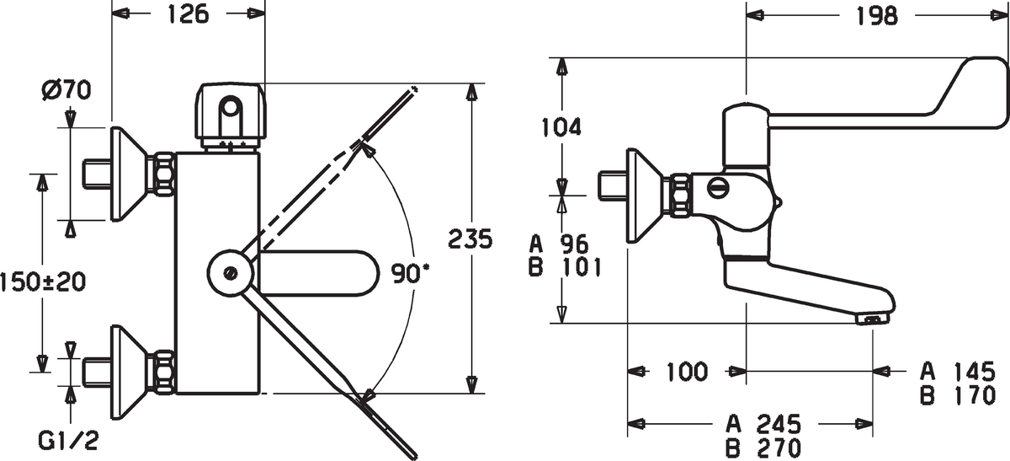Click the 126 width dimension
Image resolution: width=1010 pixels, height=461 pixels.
coord(189,14)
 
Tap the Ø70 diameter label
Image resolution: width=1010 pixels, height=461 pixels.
coord(66,90)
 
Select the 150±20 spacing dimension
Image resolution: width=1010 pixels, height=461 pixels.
coord(43,282)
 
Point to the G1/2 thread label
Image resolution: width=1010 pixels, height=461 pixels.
coord(68,440)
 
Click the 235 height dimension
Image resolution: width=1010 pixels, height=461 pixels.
coord(470,239)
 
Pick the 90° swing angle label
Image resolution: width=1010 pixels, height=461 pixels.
coord(410,274)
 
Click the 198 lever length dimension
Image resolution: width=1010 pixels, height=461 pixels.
coord(877,16)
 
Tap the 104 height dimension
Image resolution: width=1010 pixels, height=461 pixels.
coord(561,127)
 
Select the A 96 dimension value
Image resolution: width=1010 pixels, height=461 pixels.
coord(559,244)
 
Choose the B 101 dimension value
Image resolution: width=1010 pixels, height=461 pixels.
coord(565,267)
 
